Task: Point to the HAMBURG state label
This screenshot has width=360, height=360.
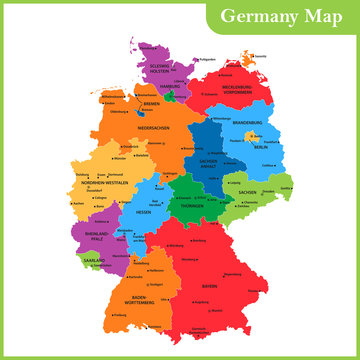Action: (169, 86)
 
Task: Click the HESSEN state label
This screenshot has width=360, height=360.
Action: (146, 212)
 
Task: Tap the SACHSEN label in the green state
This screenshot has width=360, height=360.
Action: (246, 190)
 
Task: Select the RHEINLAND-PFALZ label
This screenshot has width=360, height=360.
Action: (97, 239)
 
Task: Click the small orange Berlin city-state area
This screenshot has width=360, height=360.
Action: (252, 137)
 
